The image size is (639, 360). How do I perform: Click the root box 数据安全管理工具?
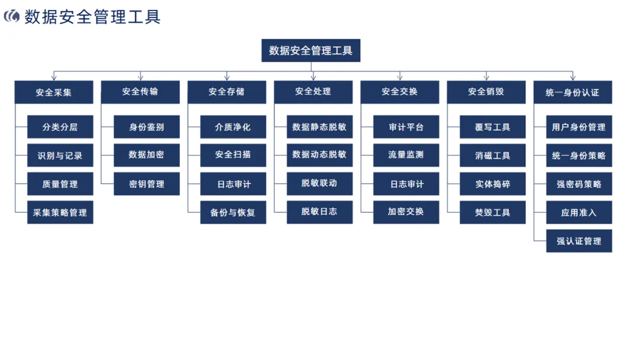pyautogui.click(x=311, y=50)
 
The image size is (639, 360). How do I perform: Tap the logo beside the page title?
pyautogui.click(x=12, y=17)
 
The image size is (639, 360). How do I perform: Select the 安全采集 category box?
pyautogui.click(x=54, y=92)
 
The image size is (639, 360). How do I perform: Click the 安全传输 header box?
pyautogui.click(x=140, y=92)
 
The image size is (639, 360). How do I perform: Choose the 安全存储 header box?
pyautogui.click(x=227, y=92)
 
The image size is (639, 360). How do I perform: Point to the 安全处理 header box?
pyautogui.click(x=313, y=92)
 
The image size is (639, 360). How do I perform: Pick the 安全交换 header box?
pyautogui.click(x=399, y=92)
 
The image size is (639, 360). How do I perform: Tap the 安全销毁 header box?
pyautogui.click(x=486, y=92)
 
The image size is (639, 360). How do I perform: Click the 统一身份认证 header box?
pyautogui.click(x=572, y=92)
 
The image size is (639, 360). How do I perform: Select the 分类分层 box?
pyautogui.click(x=60, y=127)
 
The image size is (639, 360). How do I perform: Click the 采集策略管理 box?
pyautogui.click(x=60, y=213)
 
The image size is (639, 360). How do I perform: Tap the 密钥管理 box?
pyautogui.click(x=147, y=184)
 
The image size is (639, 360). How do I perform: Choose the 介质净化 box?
pyautogui.click(x=233, y=127)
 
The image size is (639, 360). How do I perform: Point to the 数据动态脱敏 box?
pyautogui.click(x=319, y=155)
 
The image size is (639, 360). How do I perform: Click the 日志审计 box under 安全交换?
pyautogui.click(x=406, y=184)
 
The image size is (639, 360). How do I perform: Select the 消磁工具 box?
pyautogui.click(x=492, y=155)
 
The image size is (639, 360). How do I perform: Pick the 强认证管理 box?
pyautogui.click(x=579, y=241)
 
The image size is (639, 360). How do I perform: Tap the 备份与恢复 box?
pyautogui.click(x=233, y=213)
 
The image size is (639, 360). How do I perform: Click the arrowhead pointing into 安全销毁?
pyautogui.click(x=486, y=77)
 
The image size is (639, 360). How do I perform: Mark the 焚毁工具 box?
pyautogui.click(x=492, y=213)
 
